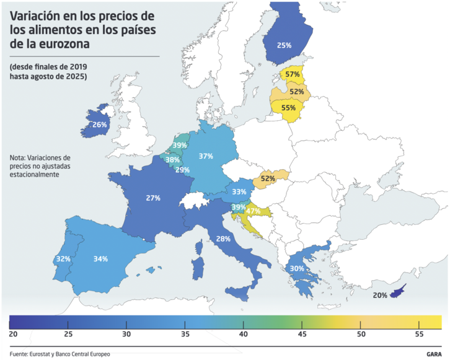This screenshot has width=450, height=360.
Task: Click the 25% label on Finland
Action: (285, 45)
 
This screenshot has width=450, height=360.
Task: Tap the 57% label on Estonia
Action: (293, 74)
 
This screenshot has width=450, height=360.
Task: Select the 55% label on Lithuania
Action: (288, 107)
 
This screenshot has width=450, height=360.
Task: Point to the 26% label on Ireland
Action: (100, 125)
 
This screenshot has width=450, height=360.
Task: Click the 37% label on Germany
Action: (206, 156)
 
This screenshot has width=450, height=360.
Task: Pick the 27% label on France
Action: (153, 198)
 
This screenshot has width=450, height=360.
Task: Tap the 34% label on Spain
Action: (100, 258)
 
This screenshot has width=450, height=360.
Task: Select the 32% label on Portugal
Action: (63, 260)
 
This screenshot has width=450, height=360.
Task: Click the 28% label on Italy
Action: (224, 239)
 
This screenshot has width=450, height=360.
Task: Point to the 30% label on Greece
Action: (297, 268)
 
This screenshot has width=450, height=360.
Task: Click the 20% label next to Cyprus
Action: (380, 296)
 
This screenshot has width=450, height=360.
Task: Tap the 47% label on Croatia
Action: (253, 211)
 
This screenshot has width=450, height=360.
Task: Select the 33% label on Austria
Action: (239, 191)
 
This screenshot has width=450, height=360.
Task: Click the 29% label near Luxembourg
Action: (182, 170)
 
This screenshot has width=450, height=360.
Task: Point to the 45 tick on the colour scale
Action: (302, 334)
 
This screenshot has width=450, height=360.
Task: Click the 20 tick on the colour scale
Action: (13, 334)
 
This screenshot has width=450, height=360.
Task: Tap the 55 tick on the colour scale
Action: (419, 334)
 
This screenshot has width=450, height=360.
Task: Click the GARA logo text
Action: (434, 354)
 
